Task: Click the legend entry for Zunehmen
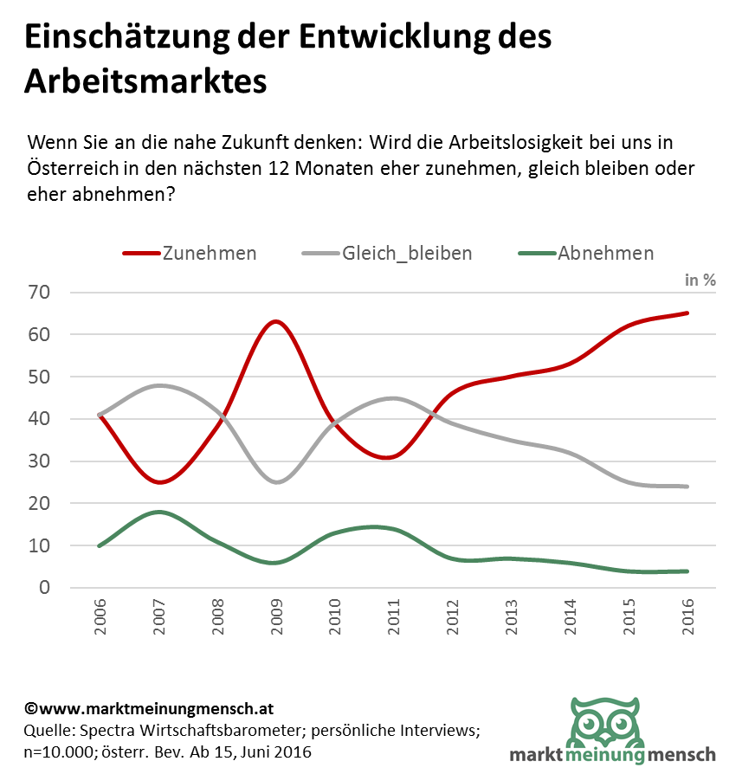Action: [209, 254]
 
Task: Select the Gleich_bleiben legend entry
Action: [407, 254]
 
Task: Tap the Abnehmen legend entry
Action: [605, 254]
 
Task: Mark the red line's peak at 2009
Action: [275, 321]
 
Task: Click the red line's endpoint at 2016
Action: [687, 313]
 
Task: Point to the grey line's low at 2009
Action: [275, 482]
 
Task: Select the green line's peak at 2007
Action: [158, 512]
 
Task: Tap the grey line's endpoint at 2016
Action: [687, 487]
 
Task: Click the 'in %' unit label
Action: [700, 280]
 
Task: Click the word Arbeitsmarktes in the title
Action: [145, 82]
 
